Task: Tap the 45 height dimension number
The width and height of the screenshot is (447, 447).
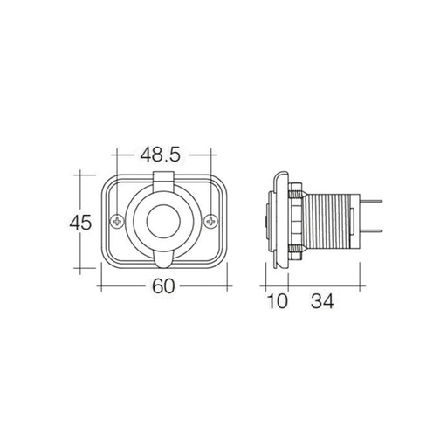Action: pos(80,222)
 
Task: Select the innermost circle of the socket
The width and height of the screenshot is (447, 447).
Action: pos(163,223)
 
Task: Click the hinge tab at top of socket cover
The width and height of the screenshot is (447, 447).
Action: pos(163,179)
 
